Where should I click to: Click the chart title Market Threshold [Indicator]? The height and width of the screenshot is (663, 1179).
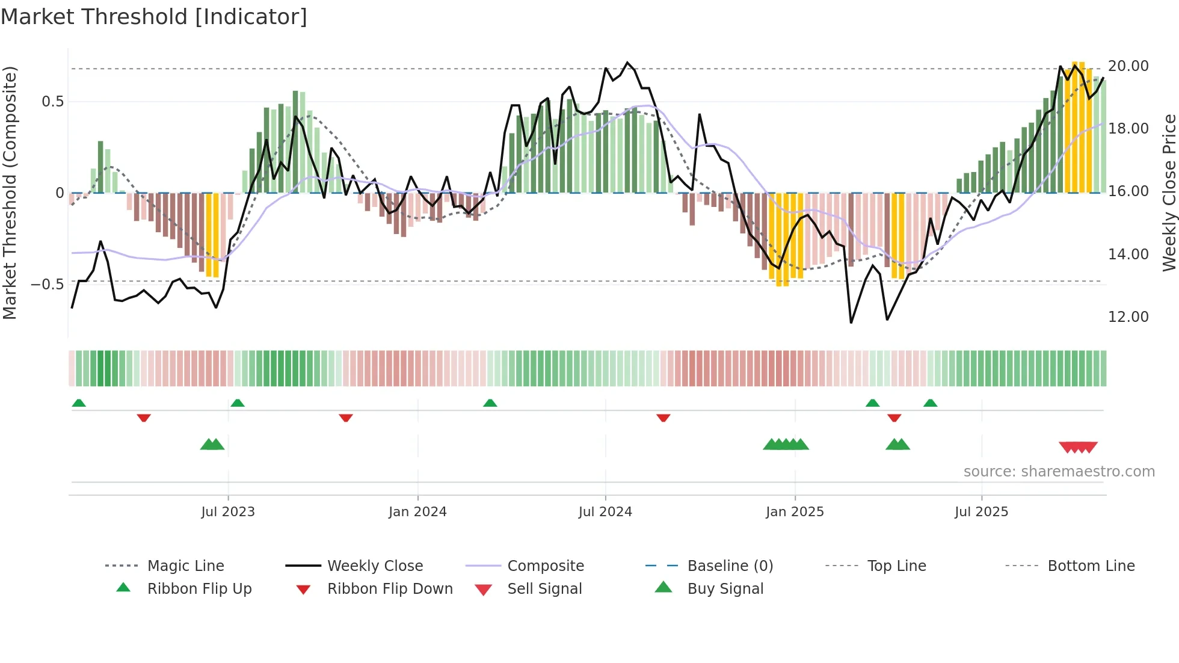pos(154,17)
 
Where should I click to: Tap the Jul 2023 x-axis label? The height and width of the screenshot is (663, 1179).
pos(228,511)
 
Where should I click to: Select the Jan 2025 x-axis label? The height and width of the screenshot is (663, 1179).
pos(795,511)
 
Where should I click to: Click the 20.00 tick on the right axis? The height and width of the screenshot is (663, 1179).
pos(1128,66)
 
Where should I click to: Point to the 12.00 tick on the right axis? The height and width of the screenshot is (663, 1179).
pos(1128,316)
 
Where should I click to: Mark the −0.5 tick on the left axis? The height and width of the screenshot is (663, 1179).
pos(48,284)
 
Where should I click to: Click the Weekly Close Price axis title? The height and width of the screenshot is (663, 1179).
pos(1168,193)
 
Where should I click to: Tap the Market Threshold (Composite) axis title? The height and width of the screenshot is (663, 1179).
pos(10,193)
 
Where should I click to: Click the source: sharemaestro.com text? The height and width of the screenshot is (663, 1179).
pos(1059,471)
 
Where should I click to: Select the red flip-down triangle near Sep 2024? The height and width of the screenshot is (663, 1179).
pos(663,418)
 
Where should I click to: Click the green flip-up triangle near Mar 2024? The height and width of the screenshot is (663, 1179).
pos(490,403)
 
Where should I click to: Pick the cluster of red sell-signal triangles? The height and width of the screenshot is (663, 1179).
pos(1078,447)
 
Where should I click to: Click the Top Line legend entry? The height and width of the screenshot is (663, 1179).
pos(896,566)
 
